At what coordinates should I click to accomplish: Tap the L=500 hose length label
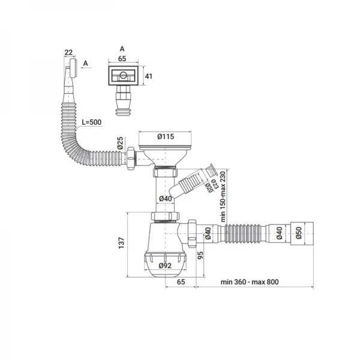[91, 122]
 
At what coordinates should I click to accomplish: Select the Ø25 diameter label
[120, 145]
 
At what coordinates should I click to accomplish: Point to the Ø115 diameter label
[166, 136]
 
